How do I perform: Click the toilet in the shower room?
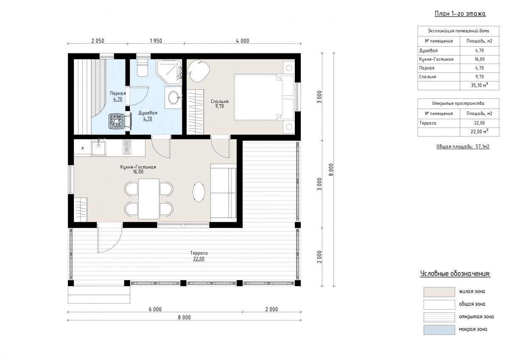(x=143, y=68)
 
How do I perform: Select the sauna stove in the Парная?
(x=117, y=121)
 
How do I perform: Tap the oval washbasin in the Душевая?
(x=174, y=98)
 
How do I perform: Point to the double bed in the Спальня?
(x=264, y=97)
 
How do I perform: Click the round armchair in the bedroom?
(x=198, y=71)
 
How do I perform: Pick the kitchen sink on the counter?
(x=98, y=148)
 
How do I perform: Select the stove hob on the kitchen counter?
(x=127, y=147)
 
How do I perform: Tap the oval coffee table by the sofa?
(x=199, y=192)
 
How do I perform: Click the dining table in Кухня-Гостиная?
(x=149, y=199)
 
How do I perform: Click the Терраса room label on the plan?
(x=199, y=253)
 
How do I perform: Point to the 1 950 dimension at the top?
(x=156, y=41)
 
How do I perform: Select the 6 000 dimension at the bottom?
(x=155, y=309)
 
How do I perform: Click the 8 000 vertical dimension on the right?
(x=331, y=170)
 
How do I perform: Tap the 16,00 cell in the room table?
(x=479, y=59)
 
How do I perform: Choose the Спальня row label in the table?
(x=428, y=77)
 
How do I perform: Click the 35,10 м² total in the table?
(x=479, y=85)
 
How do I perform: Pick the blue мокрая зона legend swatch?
(x=439, y=329)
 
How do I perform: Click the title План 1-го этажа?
(x=460, y=14)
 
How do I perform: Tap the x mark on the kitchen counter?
(x=82, y=148)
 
